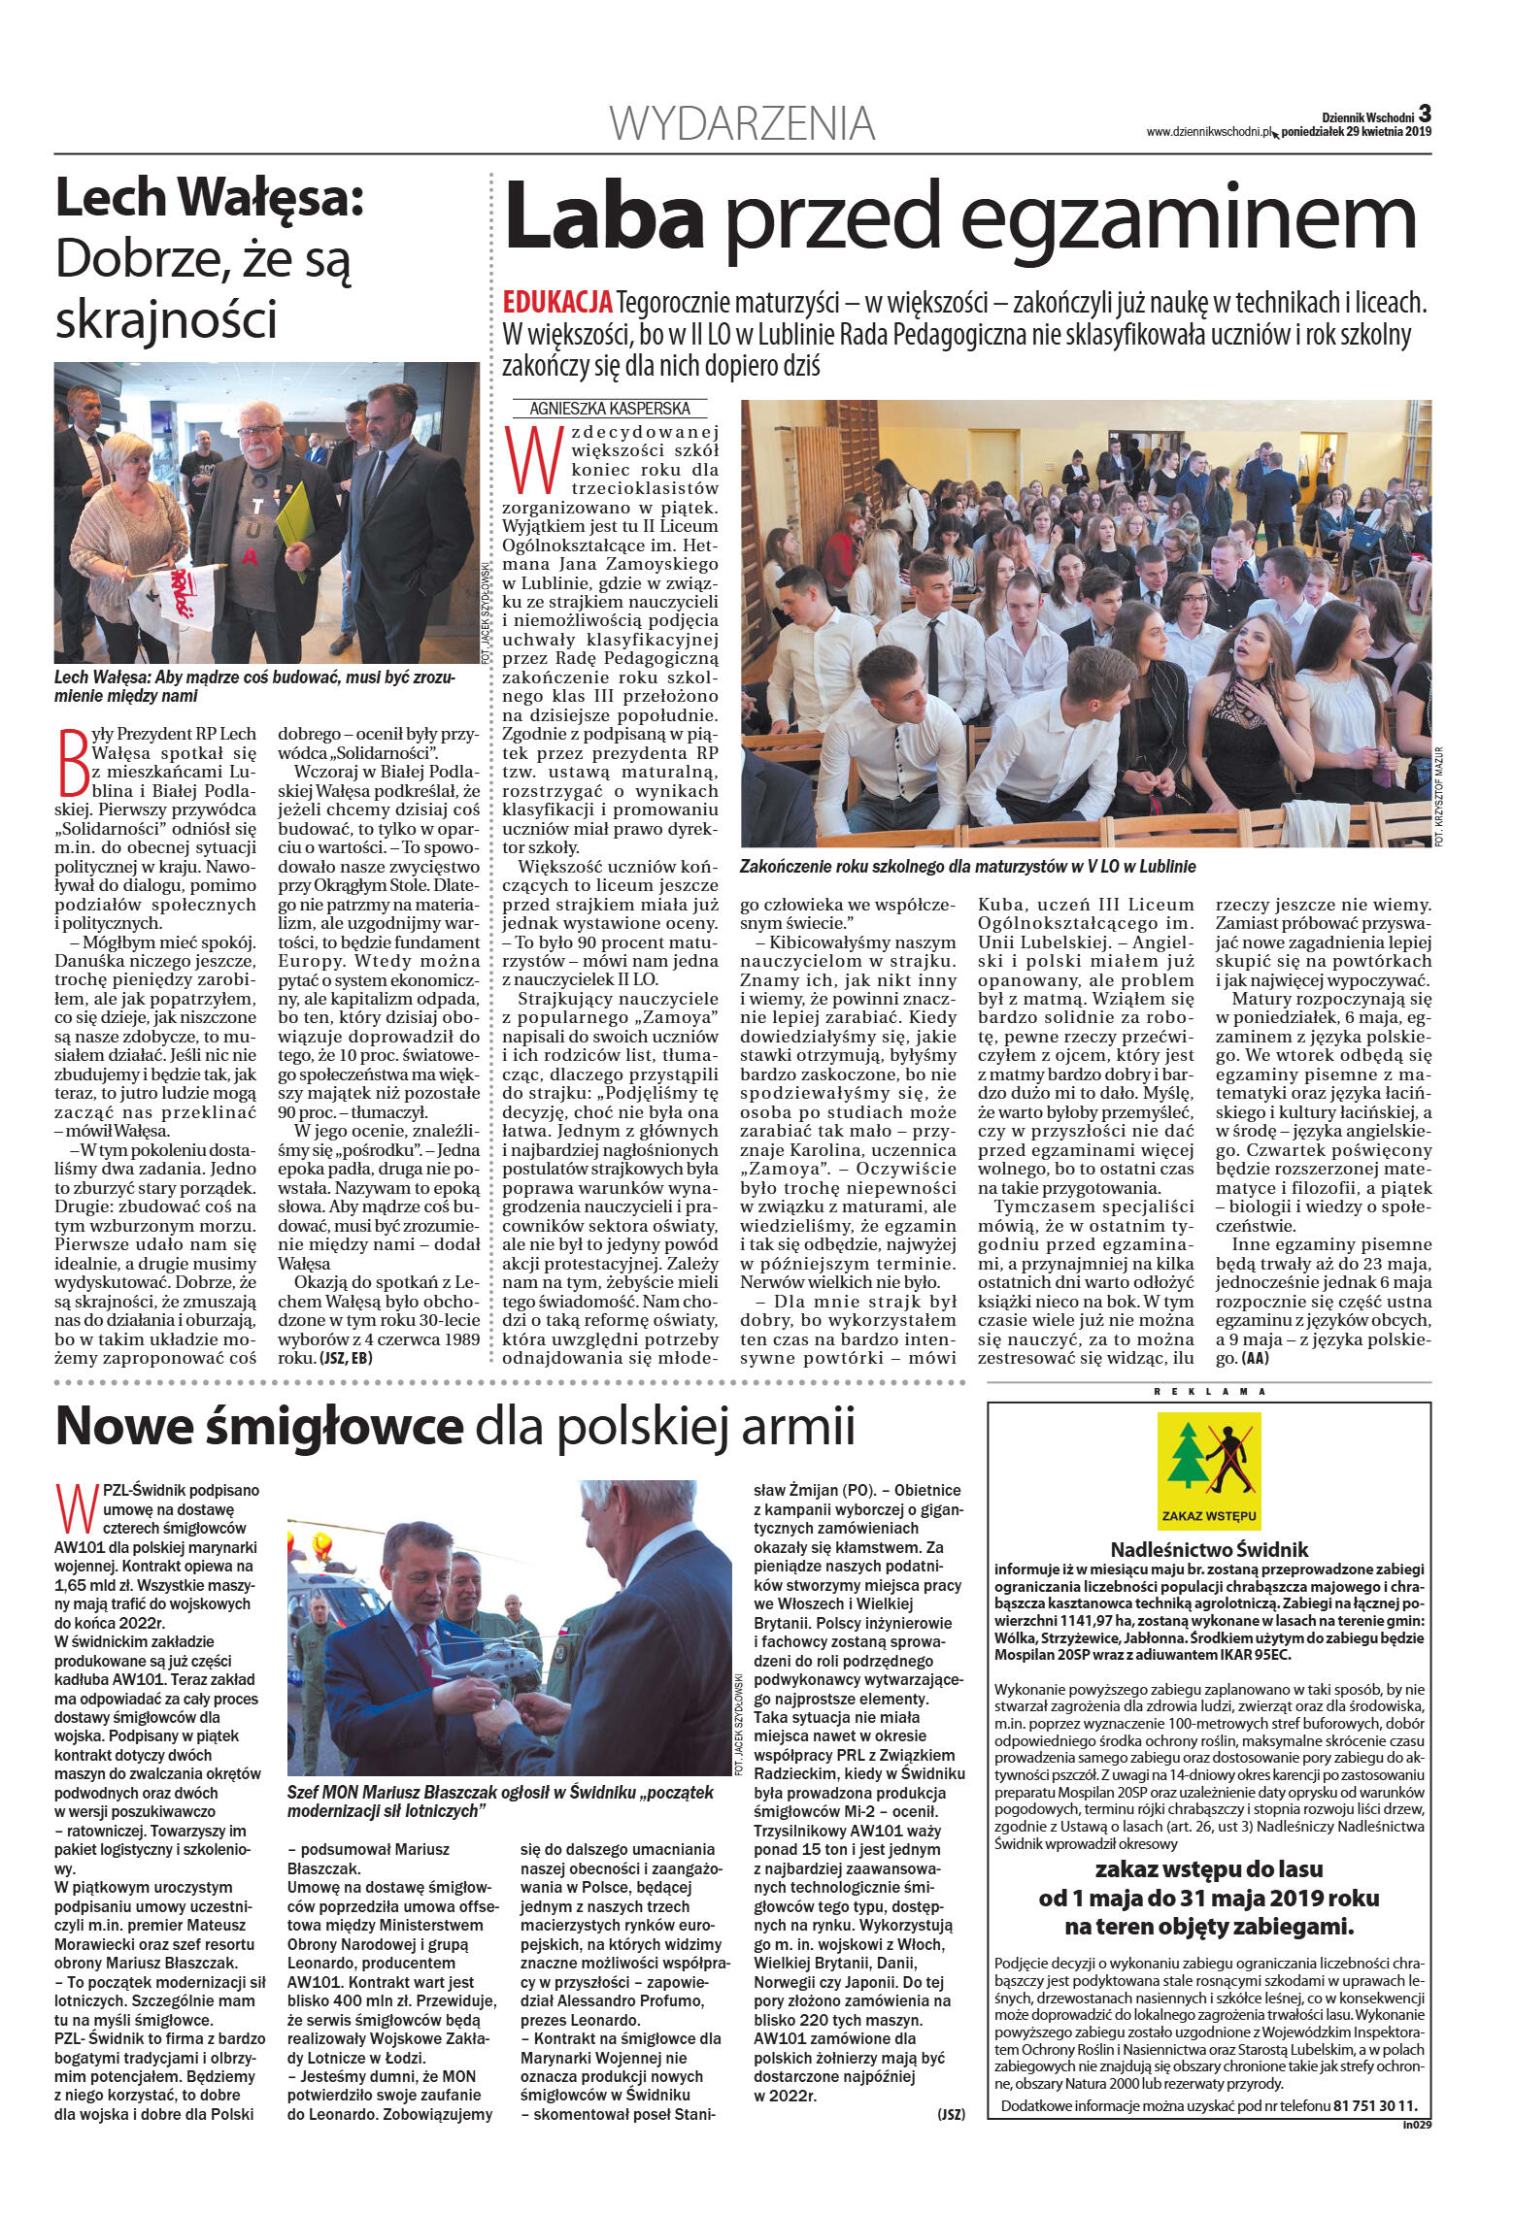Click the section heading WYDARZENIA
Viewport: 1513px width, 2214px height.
point(742,124)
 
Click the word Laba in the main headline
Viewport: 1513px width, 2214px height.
point(603,216)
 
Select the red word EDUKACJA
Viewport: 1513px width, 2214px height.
point(557,303)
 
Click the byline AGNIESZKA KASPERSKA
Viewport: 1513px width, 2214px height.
point(604,410)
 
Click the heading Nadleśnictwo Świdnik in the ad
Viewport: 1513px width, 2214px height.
point(1209,1550)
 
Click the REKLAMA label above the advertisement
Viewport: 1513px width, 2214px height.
point(1208,1391)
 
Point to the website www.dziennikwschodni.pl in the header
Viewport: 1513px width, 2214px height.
point(1208,133)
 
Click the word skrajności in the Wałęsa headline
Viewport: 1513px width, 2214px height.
point(166,319)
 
